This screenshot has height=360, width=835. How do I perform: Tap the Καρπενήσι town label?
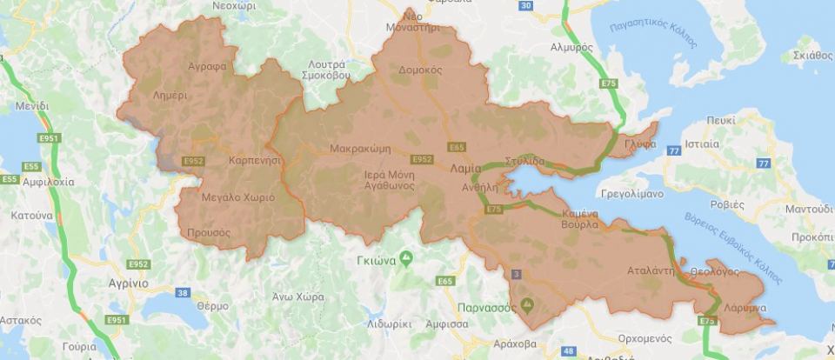pos(254,162)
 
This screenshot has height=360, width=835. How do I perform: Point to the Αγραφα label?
pos(206,65)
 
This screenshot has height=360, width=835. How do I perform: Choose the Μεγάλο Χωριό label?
pos(237,197)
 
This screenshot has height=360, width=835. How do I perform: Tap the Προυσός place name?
pos(209,232)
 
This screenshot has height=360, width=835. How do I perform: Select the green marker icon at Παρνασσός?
pos(524,304)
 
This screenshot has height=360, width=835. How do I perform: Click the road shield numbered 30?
pos(524,6)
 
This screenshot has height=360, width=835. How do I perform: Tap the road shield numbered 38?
pos(182,292)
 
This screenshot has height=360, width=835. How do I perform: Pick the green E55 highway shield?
pos(10,165)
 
